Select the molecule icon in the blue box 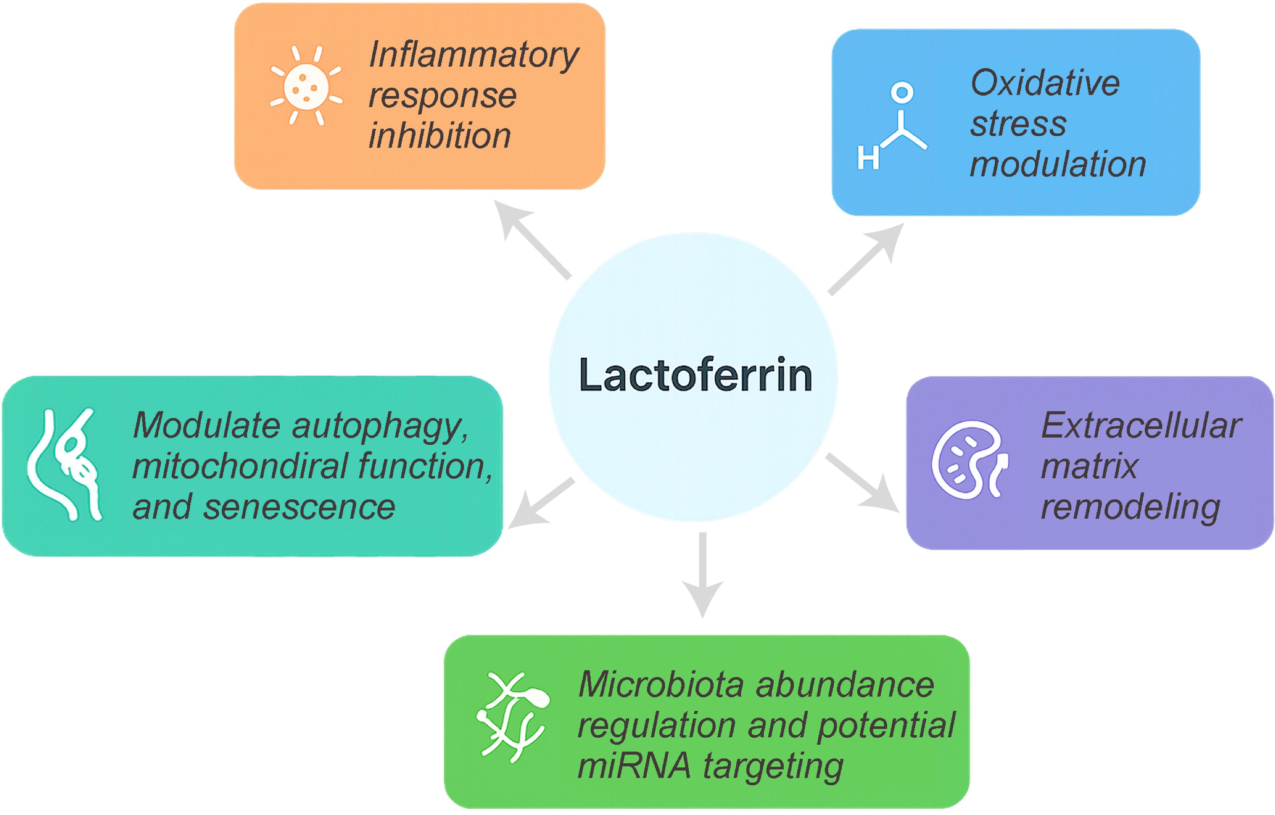coord(894,127)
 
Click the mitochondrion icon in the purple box coord(969,459)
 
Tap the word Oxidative coord(1045,84)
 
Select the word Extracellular coord(1141,425)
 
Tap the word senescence coord(299,507)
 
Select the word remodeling coord(1130,507)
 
